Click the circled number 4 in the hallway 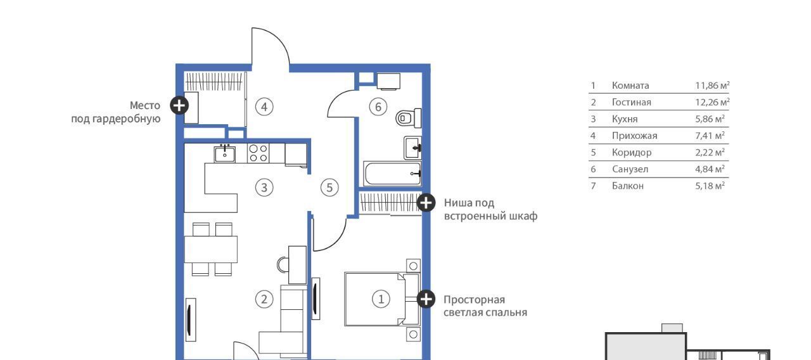pos(264,107)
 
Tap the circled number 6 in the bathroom pos(378,107)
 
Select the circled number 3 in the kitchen pos(264,188)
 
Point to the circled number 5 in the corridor pos(329,188)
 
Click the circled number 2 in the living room pos(264,299)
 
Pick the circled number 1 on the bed pos(381,299)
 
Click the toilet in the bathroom pos(409,118)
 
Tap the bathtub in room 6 pos(392,174)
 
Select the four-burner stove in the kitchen pos(259,153)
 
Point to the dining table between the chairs pos(211,249)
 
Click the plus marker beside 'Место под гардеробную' pos(179,105)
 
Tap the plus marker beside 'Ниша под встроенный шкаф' pos(426,202)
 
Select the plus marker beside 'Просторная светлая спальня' pos(426,299)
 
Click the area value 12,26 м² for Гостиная pos(712,102)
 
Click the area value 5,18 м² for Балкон pos(710,186)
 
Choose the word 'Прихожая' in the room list pos(634,136)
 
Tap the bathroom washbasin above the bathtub pos(412,148)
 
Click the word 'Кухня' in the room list pos(625,119)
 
